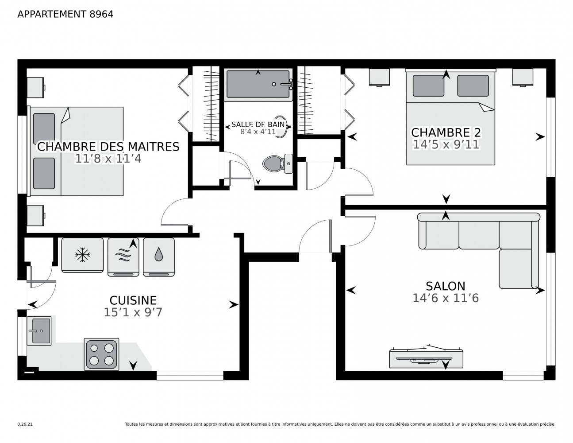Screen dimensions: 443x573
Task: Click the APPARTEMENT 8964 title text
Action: [65, 14]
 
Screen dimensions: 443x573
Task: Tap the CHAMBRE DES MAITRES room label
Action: [108, 146]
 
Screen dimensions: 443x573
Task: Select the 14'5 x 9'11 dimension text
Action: [446, 145]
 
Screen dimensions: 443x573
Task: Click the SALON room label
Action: [445, 286]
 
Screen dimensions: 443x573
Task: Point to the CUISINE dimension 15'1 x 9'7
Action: [133, 312]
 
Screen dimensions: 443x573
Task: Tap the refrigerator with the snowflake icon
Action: [82, 255]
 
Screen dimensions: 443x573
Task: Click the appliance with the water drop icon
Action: [158, 256]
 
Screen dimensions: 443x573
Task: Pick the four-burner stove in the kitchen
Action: [101, 354]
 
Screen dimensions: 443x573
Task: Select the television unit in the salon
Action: [426, 358]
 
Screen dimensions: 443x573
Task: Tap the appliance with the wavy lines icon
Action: [123, 256]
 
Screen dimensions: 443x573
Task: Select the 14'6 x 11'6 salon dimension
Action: [445, 298]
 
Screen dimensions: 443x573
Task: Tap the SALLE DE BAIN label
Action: [258, 124]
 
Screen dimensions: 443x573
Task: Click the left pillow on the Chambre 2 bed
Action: [428, 85]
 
